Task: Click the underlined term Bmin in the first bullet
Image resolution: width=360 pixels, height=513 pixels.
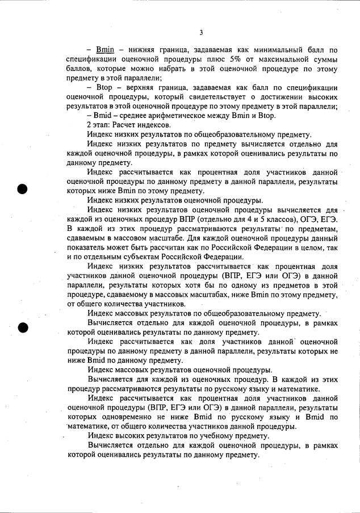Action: [x=105, y=50]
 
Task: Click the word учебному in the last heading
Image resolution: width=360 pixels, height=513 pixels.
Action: [x=206, y=436]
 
